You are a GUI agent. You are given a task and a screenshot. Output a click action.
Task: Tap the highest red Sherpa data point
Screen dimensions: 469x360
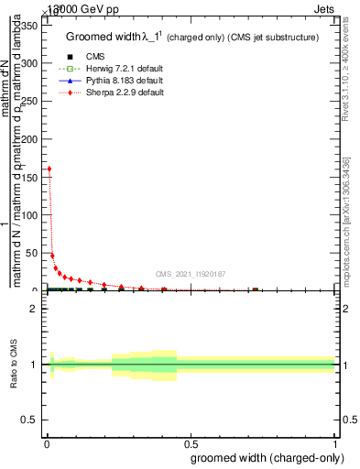point(49,169)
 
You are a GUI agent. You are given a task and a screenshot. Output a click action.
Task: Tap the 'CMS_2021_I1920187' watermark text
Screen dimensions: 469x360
point(191,274)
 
